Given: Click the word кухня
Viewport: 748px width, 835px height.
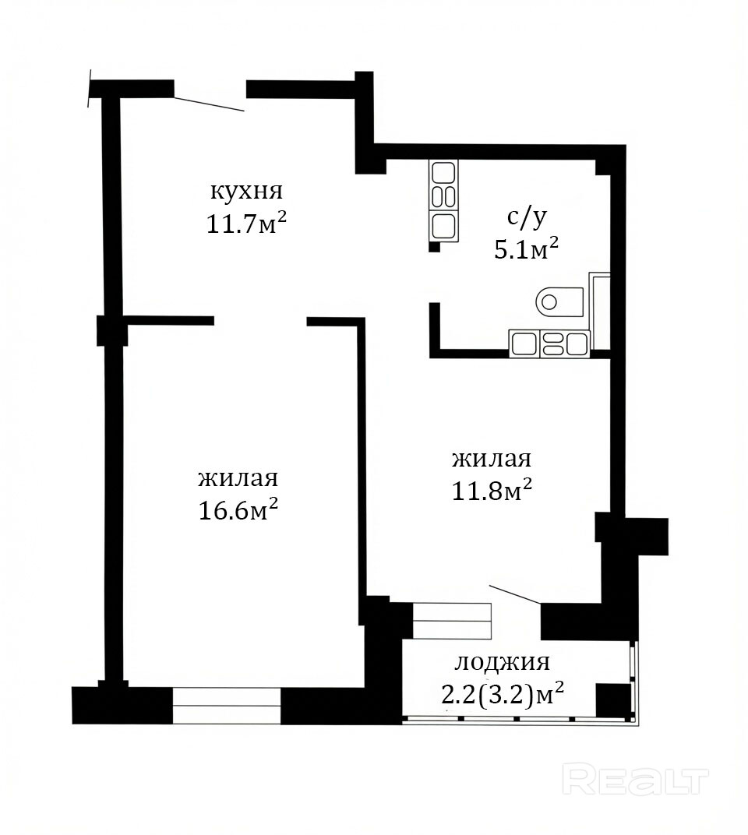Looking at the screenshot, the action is click(x=247, y=191).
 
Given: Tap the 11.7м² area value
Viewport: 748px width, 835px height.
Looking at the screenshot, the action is click(x=247, y=224).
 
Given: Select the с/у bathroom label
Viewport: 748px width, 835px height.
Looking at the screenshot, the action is click(x=527, y=218).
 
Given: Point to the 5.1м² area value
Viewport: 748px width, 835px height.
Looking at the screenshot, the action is click(x=527, y=248).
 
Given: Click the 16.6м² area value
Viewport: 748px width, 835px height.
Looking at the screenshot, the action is click(x=238, y=510).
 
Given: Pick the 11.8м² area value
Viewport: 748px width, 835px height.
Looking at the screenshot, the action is click(x=492, y=490).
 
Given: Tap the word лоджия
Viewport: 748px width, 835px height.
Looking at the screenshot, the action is click(x=502, y=662).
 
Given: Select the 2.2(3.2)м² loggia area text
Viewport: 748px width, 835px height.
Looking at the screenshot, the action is click(x=503, y=695).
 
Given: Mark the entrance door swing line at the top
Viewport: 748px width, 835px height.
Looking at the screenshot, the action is click(x=210, y=104).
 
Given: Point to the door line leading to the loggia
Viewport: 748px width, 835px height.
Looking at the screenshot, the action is click(x=516, y=594).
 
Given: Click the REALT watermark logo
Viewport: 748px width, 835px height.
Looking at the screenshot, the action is click(x=636, y=780).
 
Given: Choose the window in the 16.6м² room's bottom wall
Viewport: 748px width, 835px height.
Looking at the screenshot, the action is click(x=227, y=706).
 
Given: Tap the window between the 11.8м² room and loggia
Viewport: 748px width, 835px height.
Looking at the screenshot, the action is click(x=453, y=620).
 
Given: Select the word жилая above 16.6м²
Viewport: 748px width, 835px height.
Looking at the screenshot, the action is click(x=238, y=478).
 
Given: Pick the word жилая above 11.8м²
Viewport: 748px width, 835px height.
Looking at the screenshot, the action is click(x=492, y=459).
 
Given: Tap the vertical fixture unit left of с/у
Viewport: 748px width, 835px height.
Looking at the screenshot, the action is click(x=443, y=201).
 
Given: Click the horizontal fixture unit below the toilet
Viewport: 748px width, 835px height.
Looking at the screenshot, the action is click(x=549, y=344).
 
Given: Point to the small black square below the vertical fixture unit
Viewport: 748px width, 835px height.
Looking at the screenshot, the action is click(x=435, y=247).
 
